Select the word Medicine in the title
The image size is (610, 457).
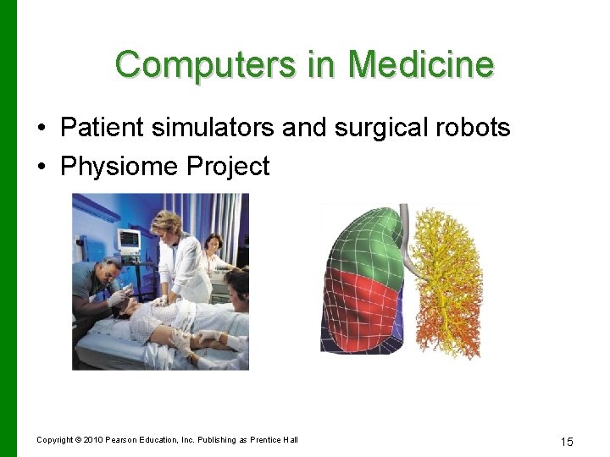pyautogui.click(x=421, y=64)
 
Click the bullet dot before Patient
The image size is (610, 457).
pyautogui.click(x=42, y=129)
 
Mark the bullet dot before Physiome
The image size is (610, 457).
pyautogui.click(x=42, y=167)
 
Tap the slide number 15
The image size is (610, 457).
pyautogui.click(x=567, y=442)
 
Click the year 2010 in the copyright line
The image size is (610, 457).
pyautogui.click(x=93, y=439)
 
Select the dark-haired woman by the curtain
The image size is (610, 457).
pyautogui.click(x=213, y=245)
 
